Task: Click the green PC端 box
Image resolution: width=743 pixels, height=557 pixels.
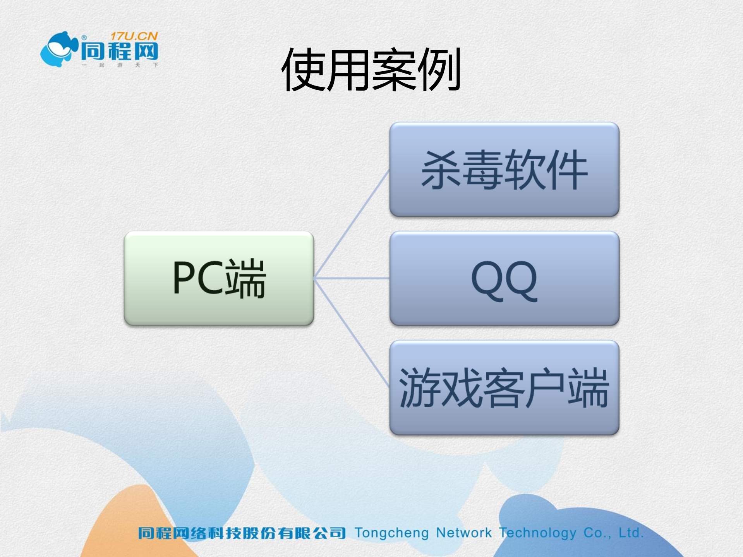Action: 219,278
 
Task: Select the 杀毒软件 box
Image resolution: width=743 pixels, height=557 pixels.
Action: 504,170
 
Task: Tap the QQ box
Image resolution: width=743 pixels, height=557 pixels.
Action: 504,278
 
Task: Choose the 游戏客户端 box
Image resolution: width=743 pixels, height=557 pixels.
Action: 504,387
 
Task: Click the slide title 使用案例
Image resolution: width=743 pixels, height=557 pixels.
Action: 371,70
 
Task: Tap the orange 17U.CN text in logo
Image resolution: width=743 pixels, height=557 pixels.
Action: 134,36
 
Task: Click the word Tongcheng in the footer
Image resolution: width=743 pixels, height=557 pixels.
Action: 391,533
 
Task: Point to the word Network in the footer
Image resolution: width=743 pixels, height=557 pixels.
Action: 463,533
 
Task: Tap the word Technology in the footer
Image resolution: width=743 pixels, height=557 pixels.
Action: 537,533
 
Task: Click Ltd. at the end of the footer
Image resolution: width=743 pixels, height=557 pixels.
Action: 631,533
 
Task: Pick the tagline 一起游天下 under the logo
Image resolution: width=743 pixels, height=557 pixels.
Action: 120,65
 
